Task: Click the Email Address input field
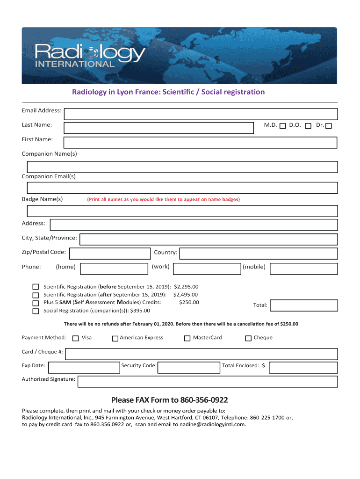201,114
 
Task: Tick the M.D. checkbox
282,126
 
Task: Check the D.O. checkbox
308,126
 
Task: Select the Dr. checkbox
329,126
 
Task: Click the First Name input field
201,143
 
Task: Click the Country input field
259,254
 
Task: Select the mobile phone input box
303,269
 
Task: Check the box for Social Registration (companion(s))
36,311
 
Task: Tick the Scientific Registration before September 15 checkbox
36,287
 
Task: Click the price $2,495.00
186,295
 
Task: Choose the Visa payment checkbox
76,338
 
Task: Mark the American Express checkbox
115,338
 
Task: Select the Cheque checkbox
249,338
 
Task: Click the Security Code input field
188,367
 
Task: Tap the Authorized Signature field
208,382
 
